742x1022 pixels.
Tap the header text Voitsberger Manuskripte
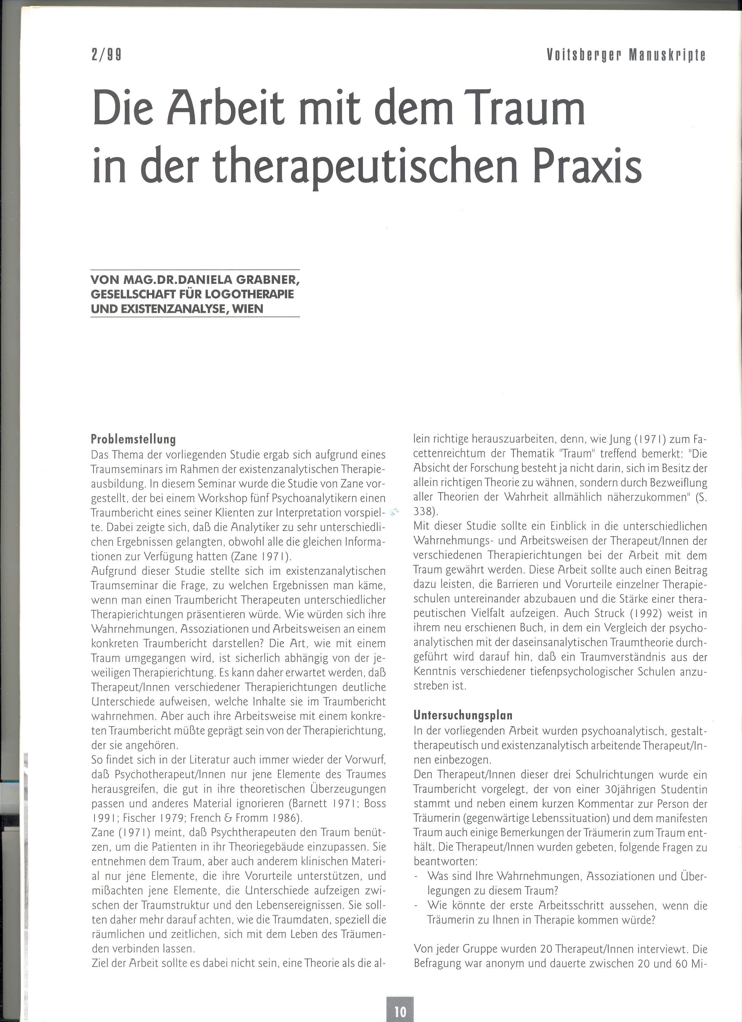(x=626, y=55)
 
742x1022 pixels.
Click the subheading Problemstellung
(x=133, y=439)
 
